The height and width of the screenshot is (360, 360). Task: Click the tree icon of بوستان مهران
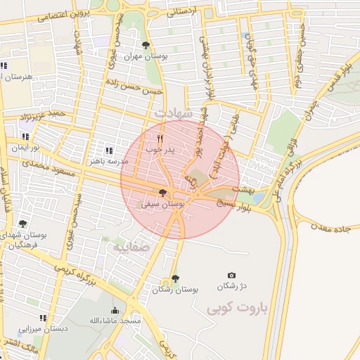pyautogui.click(x=146, y=46)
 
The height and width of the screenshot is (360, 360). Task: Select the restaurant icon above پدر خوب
pyautogui.click(x=160, y=139)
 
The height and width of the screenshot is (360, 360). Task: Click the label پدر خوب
pyautogui.click(x=160, y=149)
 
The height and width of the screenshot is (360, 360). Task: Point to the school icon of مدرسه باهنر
pyautogui.click(x=108, y=150)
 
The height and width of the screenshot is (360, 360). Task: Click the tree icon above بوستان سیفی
pyautogui.click(x=163, y=192)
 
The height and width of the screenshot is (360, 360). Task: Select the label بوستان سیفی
pyautogui.click(x=162, y=203)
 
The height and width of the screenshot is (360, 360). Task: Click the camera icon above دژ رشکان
pyautogui.click(x=231, y=275)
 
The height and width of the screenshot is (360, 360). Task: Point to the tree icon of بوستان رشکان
pyautogui.click(x=174, y=279)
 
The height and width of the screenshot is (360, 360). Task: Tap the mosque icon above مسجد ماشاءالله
pyautogui.click(x=115, y=310)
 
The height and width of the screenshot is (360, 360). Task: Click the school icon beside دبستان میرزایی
pyautogui.click(x=44, y=318)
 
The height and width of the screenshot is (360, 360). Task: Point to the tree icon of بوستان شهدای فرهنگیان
pyautogui.click(x=22, y=224)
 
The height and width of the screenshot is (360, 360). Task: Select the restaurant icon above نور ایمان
pyautogui.click(x=26, y=137)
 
